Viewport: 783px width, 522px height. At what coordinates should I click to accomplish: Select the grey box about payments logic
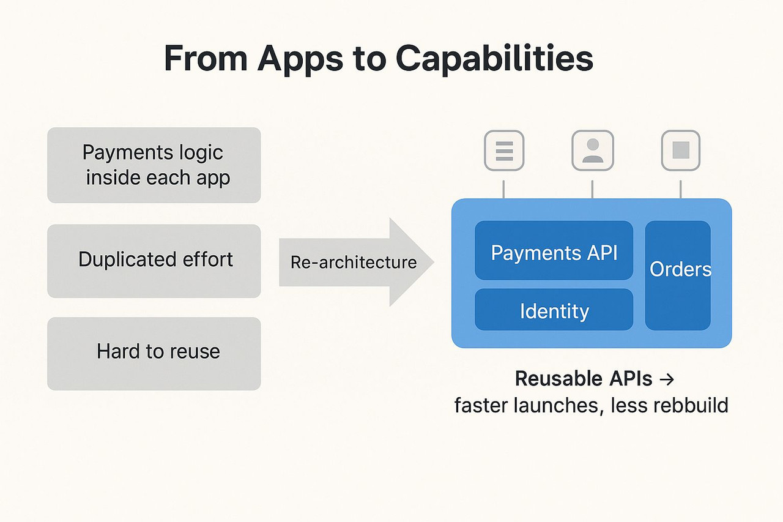154,165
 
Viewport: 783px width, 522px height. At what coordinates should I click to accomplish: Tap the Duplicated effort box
154,261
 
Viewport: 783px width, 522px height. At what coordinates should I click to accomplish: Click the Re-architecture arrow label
354,263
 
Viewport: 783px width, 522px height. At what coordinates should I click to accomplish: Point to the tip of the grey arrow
432,263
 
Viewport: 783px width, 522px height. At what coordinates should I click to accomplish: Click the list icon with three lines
504,150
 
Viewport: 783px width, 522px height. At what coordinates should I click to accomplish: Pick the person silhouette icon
592,150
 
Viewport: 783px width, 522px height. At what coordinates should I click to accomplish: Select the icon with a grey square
681,150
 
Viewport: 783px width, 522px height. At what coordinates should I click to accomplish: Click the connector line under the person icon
592,189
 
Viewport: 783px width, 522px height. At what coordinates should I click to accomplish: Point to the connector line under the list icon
503,189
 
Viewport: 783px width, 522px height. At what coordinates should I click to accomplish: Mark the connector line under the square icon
681,189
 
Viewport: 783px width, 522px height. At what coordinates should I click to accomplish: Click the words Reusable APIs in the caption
584,379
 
